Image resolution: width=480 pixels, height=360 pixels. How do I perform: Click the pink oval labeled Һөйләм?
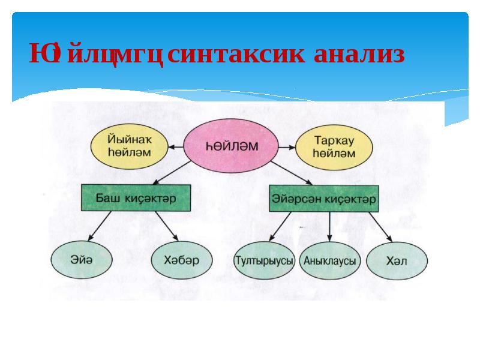tap(230, 146)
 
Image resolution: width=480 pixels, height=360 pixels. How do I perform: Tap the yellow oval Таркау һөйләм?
tap(334, 146)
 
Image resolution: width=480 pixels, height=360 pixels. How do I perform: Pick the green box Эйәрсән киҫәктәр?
tap(324, 198)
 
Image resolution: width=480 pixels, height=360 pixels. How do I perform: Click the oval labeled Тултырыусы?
tap(265, 261)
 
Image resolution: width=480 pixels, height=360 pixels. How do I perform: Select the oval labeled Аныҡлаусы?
tap(329, 261)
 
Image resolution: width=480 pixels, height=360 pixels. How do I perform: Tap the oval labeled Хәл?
tap(397, 261)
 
